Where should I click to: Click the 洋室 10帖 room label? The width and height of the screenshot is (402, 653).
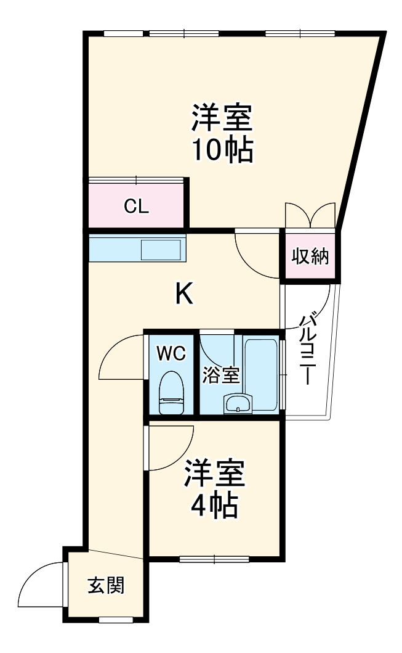point(222,133)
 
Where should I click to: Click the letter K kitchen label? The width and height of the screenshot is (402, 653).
point(184,295)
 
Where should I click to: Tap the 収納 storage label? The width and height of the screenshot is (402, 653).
point(310,256)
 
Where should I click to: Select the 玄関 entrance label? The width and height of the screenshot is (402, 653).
point(106,585)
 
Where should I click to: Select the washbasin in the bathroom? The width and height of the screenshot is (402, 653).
point(237,404)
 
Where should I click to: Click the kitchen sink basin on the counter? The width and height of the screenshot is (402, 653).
point(161,250)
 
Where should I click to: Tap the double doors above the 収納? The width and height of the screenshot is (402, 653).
point(310,216)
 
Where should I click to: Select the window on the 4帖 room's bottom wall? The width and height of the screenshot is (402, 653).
point(214,559)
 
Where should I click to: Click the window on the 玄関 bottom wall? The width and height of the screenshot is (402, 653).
point(116,618)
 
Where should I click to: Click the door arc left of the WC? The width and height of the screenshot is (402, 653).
point(120,358)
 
